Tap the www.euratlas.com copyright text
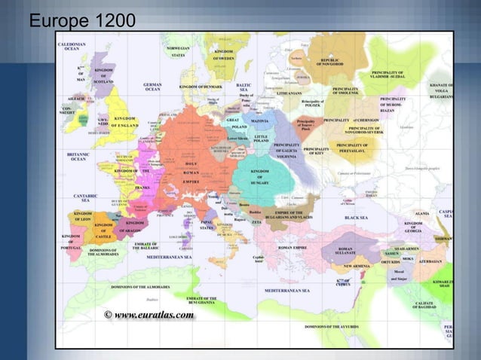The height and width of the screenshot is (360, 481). tap(149, 315)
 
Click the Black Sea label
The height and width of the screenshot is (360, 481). tap(355, 217)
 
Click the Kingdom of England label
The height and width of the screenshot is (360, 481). tap(125, 122)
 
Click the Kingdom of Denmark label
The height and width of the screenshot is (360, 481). tap(199, 87)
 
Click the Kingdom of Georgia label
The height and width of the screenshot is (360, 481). tap(418, 226)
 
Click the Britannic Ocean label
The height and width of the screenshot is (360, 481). tap(78, 157)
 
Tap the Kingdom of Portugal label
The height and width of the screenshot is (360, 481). tap(71, 243)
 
